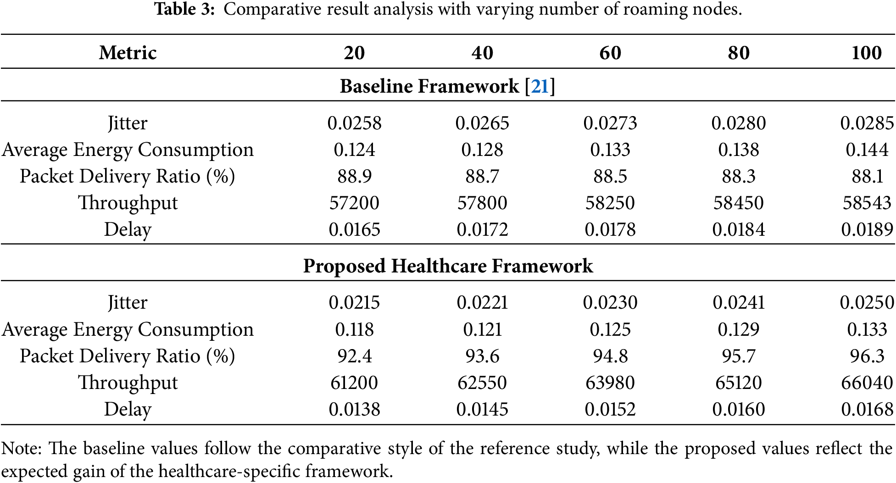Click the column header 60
click(x=610, y=53)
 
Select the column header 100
click(x=867, y=53)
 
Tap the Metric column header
click(x=128, y=53)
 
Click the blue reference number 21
click(x=540, y=86)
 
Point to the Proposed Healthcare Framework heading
click(x=448, y=266)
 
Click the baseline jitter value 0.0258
click(x=354, y=123)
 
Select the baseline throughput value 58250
click(x=610, y=203)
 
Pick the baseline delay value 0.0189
click(x=867, y=229)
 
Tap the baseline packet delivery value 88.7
click(x=482, y=176)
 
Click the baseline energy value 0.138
click(x=739, y=150)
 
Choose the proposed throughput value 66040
click(x=867, y=383)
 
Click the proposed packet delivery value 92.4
click(x=354, y=356)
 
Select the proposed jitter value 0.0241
click(x=739, y=302)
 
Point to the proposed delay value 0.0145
click(x=482, y=409)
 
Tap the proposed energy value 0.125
click(x=610, y=329)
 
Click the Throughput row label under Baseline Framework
click(x=128, y=203)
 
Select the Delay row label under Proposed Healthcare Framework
click(x=128, y=410)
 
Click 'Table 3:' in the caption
click(x=184, y=9)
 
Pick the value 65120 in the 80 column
click(x=739, y=383)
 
